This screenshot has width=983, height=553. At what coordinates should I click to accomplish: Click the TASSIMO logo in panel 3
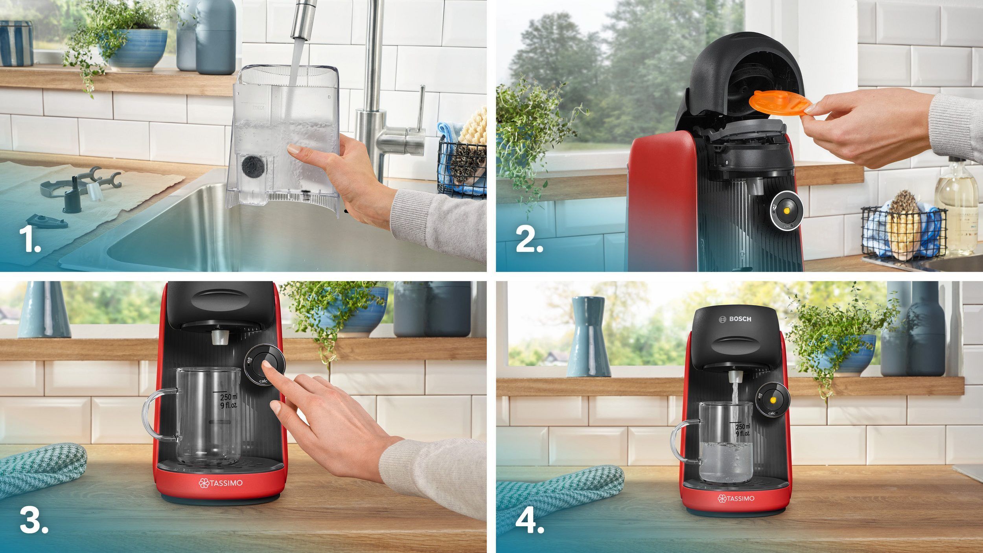[x=221, y=483]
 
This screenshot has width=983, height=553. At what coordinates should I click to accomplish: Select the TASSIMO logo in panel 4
[x=736, y=498]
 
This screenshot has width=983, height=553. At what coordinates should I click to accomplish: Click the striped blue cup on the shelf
[x=17, y=43]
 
